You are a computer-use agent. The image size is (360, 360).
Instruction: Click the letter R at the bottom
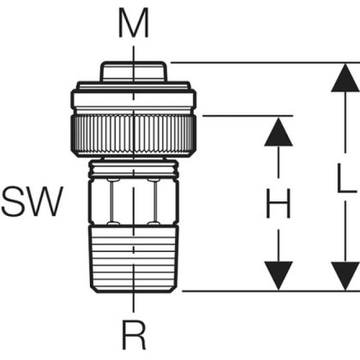click(134, 337)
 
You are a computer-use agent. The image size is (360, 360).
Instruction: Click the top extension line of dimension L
click(253, 62)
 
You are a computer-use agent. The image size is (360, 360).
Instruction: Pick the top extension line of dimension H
click(247, 116)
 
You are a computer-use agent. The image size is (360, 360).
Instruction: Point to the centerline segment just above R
click(133, 304)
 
